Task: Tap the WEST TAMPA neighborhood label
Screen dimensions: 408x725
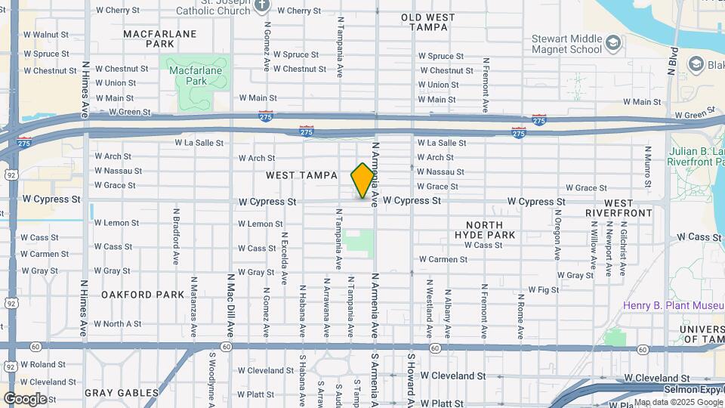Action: (x=301, y=175)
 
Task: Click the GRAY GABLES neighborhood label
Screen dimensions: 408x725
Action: (x=121, y=393)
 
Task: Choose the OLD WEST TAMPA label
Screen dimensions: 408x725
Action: (x=428, y=22)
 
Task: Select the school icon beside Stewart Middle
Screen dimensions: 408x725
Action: (x=615, y=43)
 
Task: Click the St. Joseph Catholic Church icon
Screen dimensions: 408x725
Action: (x=262, y=5)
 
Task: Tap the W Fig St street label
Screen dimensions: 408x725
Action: (x=543, y=289)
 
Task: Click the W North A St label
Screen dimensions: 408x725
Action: (x=119, y=324)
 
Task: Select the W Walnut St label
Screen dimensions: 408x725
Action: (x=46, y=35)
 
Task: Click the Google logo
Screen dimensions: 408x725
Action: (x=25, y=399)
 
